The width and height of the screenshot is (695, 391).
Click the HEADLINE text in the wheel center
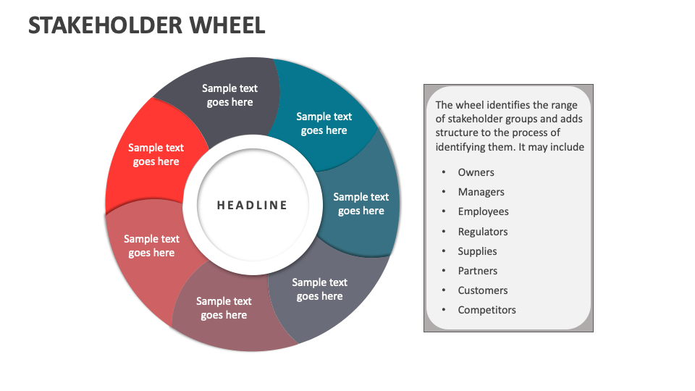point(252,206)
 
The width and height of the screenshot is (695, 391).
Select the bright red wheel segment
point(156,155)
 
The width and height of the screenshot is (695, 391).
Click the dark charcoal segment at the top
point(229,95)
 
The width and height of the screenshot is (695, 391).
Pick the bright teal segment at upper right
point(324,123)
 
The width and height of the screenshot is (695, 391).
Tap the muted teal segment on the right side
point(361,203)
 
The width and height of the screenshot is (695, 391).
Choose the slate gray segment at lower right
point(319,289)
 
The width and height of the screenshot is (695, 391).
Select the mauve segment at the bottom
point(224,308)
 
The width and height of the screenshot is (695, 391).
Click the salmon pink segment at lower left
point(151,245)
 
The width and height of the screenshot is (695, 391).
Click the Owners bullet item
point(476,172)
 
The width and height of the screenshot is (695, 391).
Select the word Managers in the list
point(481,192)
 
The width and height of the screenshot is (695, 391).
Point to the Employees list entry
point(483,211)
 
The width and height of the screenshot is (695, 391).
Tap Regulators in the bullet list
point(483,232)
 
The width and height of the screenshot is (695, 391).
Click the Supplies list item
point(477,251)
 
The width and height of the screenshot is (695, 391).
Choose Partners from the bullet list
point(477,271)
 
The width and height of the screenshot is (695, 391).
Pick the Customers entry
point(482,290)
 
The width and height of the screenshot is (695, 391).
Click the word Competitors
point(486,310)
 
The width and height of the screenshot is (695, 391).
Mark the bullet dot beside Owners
point(442,172)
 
